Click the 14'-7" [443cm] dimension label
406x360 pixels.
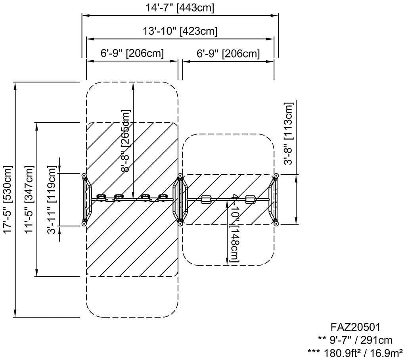[x=180, y=8]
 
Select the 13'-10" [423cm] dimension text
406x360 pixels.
[x=180, y=31]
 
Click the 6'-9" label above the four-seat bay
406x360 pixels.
[x=132, y=53]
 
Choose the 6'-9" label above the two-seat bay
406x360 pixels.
[x=228, y=53]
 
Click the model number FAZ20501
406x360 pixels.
[x=356, y=327]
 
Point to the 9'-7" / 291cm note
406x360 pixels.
[x=356, y=340]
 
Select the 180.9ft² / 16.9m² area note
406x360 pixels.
[x=356, y=352]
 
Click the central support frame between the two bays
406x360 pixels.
[x=180, y=199]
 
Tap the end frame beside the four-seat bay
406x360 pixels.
[x=86, y=199]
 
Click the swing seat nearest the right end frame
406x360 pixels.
[x=250, y=199]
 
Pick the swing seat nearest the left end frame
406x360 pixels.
[x=101, y=197]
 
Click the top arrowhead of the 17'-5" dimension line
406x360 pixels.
[x=15, y=84]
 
